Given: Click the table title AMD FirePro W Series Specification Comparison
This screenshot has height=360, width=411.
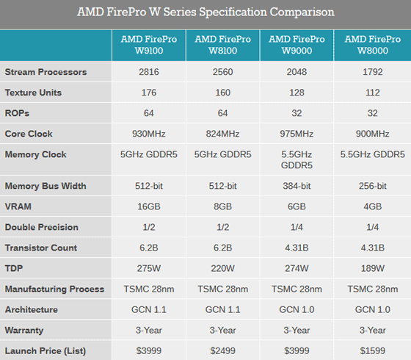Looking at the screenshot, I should point(205,12).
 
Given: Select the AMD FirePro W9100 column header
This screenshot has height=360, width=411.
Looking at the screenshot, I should point(149,45).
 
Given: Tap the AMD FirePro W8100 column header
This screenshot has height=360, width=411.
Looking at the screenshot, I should point(223,45).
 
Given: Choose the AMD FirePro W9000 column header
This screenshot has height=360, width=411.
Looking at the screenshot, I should point(297,45).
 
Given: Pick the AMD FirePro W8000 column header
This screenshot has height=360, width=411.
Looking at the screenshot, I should point(371,45).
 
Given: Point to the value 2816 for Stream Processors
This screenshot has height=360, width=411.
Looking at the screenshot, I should point(149,73).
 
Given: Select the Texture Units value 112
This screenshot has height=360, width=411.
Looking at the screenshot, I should point(371,93).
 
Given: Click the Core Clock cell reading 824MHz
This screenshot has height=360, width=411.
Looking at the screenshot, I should point(223,134).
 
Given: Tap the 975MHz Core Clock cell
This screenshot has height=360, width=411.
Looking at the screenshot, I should point(297,134).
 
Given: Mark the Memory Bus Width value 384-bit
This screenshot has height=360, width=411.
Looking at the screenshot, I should point(297,186).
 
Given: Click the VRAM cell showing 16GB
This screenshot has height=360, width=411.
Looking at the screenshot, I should point(149,206).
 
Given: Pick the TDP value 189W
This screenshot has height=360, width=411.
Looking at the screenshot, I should point(371,268).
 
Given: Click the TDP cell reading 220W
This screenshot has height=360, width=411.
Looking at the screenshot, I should point(223,268).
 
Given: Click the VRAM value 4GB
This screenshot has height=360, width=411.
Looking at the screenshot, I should point(371,206).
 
